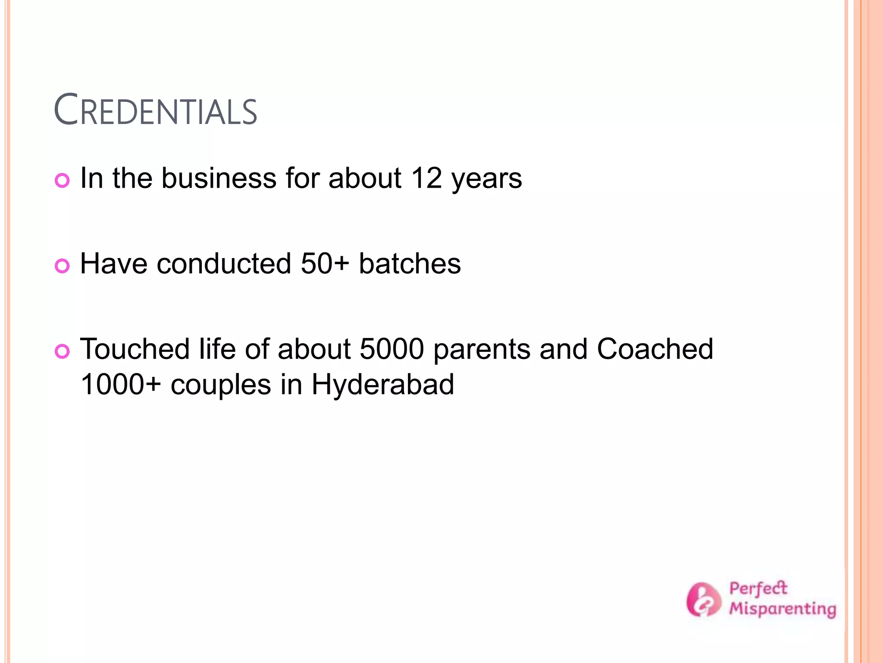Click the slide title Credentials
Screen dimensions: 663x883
click(x=156, y=110)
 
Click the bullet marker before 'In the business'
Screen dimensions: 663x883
click(x=63, y=180)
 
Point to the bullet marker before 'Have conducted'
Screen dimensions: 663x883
click(x=63, y=265)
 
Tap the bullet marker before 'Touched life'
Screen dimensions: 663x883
click(x=63, y=351)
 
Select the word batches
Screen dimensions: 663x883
click(x=410, y=263)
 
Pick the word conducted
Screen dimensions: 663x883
click(x=224, y=263)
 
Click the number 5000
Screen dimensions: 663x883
click(x=392, y=349)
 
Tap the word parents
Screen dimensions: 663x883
click(x=482, y=350)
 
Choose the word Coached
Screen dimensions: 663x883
click(x=655, y=349)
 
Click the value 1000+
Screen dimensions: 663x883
click(x=121, y=384)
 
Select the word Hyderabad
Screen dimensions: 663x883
click(x=382, y=385)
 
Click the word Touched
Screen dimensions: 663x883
click(x=135, y=349)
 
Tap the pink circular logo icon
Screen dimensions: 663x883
click(x=703, y=599)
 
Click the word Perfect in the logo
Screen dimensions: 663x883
click(x=758, y=589)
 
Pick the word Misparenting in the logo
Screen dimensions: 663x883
click(x=783, y=609)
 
